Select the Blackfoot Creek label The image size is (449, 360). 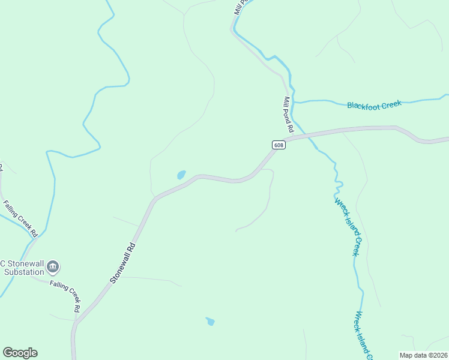coord(373,104)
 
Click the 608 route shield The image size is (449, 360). coord(278,145)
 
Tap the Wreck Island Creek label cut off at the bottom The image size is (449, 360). coord(364,335)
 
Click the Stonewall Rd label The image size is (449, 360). coord(123,263)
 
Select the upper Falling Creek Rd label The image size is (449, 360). coord(22,218)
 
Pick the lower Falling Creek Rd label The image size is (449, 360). coord(65,296)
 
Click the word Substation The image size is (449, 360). coord(20,273)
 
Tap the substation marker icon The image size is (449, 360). coord(53,266)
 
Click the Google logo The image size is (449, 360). coord(20,353)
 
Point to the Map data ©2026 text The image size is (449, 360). coord(423,355)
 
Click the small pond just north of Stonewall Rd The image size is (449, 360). coord(181,175)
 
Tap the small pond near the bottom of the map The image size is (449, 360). coord(210,322)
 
